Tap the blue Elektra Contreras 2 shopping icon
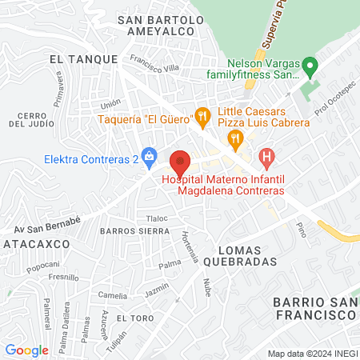[x=148, y=155]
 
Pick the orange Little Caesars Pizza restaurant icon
[x=235, y=138]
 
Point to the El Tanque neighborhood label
[x=83, y=59]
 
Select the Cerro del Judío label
[x=31, y=120]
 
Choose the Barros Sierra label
[x=132, y=230]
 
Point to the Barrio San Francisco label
[x=314, y=309]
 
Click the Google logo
[x=26, y=350]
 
